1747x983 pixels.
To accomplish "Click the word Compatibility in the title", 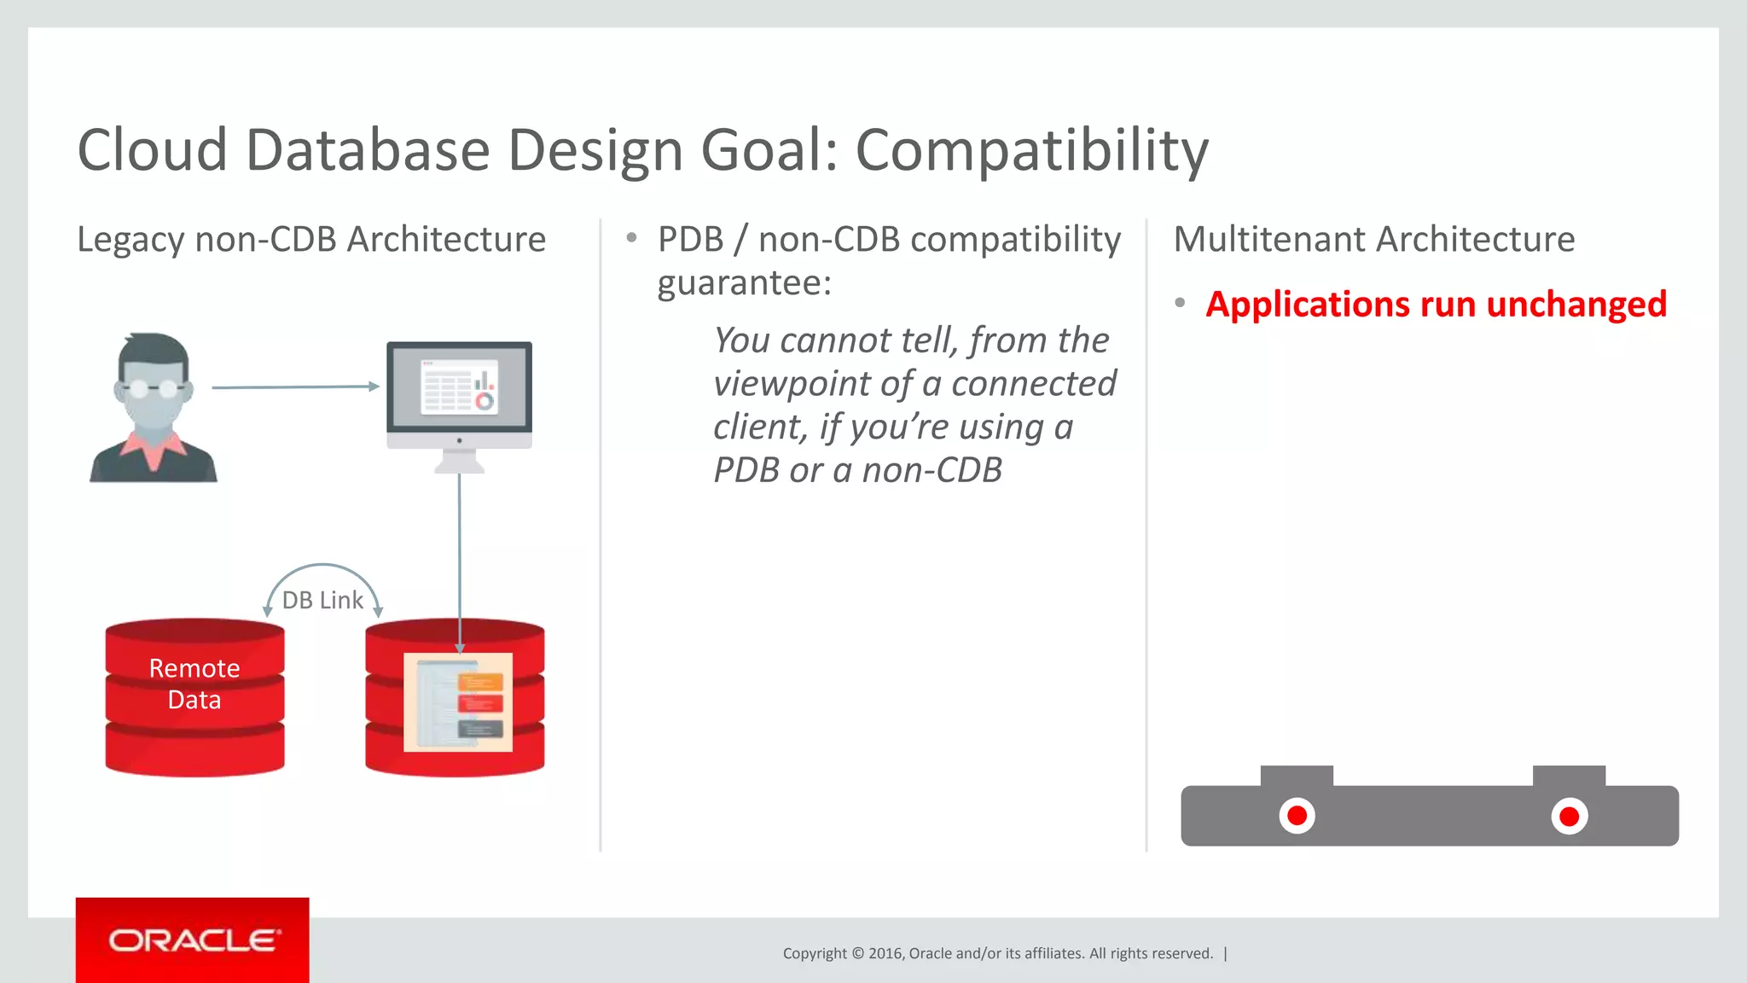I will click(1031, 150).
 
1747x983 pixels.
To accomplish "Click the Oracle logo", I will click(192, 940).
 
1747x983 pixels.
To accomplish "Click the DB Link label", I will click(322, 600).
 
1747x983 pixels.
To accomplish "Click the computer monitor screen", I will click(459, 388).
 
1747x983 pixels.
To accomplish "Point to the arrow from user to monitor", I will click(294, 387).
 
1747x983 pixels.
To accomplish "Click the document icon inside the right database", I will click(458, 702).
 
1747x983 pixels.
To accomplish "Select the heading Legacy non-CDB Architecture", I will click(311, 240).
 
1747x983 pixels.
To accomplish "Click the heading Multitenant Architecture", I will click(1373, 240).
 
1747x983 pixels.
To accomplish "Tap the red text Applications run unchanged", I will click(1436, 305).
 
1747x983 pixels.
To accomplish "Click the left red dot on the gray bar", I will click(1297, 816).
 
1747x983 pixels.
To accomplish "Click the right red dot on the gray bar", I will click(1569, 817).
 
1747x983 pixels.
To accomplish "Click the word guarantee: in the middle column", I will click(744, 283).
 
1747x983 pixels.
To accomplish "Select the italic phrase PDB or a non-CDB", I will click(857, 470).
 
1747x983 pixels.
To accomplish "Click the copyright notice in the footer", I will click(997, 953).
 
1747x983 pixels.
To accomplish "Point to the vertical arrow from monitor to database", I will click(459, 555).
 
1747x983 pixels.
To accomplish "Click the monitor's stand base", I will click(459, 466).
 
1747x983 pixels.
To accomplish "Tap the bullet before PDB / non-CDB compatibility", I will click(631, 238).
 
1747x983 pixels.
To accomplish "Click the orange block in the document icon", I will click(481, 682).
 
